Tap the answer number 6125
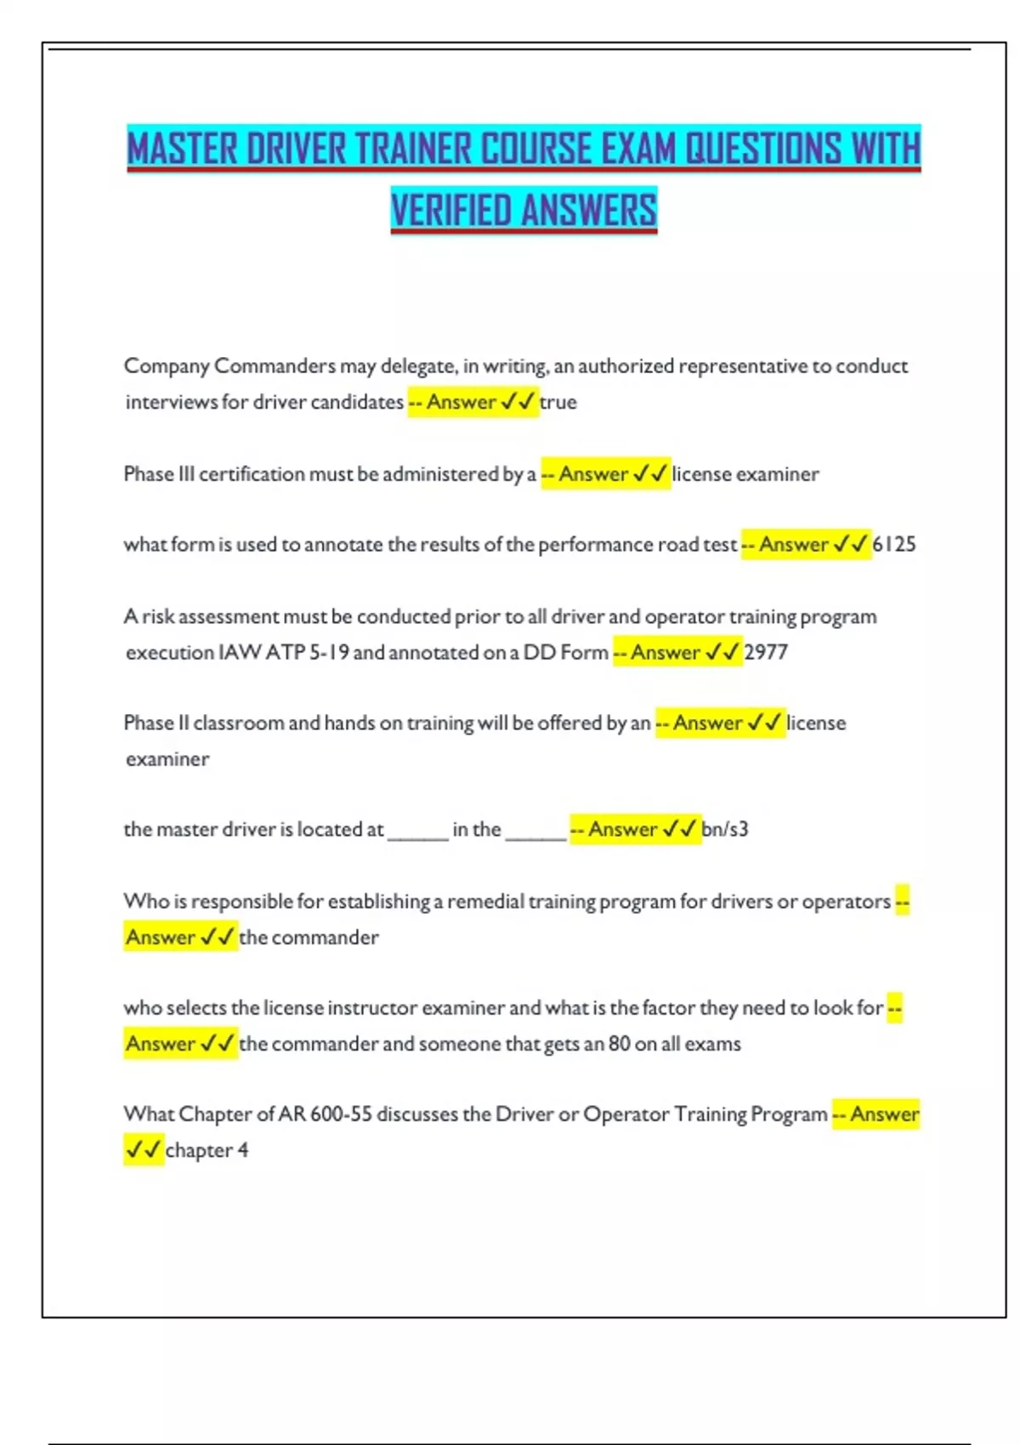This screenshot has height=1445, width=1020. tap(894, 544)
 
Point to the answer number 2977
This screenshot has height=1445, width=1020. tap(766, 652)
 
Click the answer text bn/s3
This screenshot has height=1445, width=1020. tap(725, 829)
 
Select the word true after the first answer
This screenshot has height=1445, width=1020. tap(558, 402)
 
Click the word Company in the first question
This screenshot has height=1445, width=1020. tap(167, 366)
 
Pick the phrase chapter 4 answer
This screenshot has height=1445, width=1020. tap(207, 1150)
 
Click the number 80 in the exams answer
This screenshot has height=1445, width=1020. tap(619, 1043)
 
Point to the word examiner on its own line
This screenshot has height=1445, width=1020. tap(167, 759)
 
